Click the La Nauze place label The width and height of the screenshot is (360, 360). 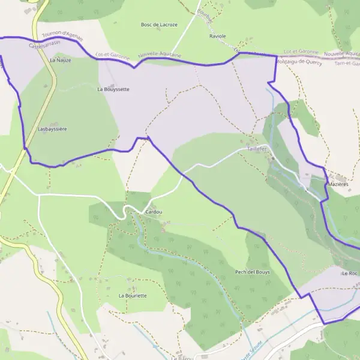[x=61, y=61]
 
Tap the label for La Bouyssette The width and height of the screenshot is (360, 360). [x=113, y=89]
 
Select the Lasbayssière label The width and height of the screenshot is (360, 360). [x=52, y=129]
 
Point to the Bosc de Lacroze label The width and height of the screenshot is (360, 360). [x=158, y=25]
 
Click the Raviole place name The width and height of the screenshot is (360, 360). [x=218, y=36]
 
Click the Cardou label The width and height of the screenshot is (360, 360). [x=154, y=212]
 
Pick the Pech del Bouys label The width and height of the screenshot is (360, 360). [x=253, y=272]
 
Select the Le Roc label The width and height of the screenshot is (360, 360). [x=349, y=273]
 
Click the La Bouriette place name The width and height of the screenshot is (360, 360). [x=133, y=296]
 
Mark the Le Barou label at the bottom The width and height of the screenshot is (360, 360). [x=181, y=358]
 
